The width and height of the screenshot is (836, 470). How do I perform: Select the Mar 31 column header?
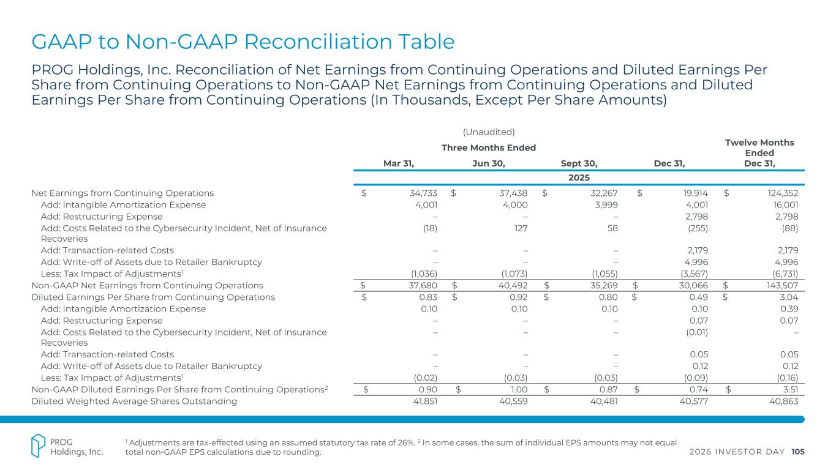(399, 163)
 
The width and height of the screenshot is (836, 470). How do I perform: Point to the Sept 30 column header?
(579, 163)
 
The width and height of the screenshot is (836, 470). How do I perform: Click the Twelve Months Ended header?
(759, 147)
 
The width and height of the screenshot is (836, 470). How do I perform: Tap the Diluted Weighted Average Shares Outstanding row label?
(134, 401)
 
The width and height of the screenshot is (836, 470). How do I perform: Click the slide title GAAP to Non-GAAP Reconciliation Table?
(243, 42)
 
